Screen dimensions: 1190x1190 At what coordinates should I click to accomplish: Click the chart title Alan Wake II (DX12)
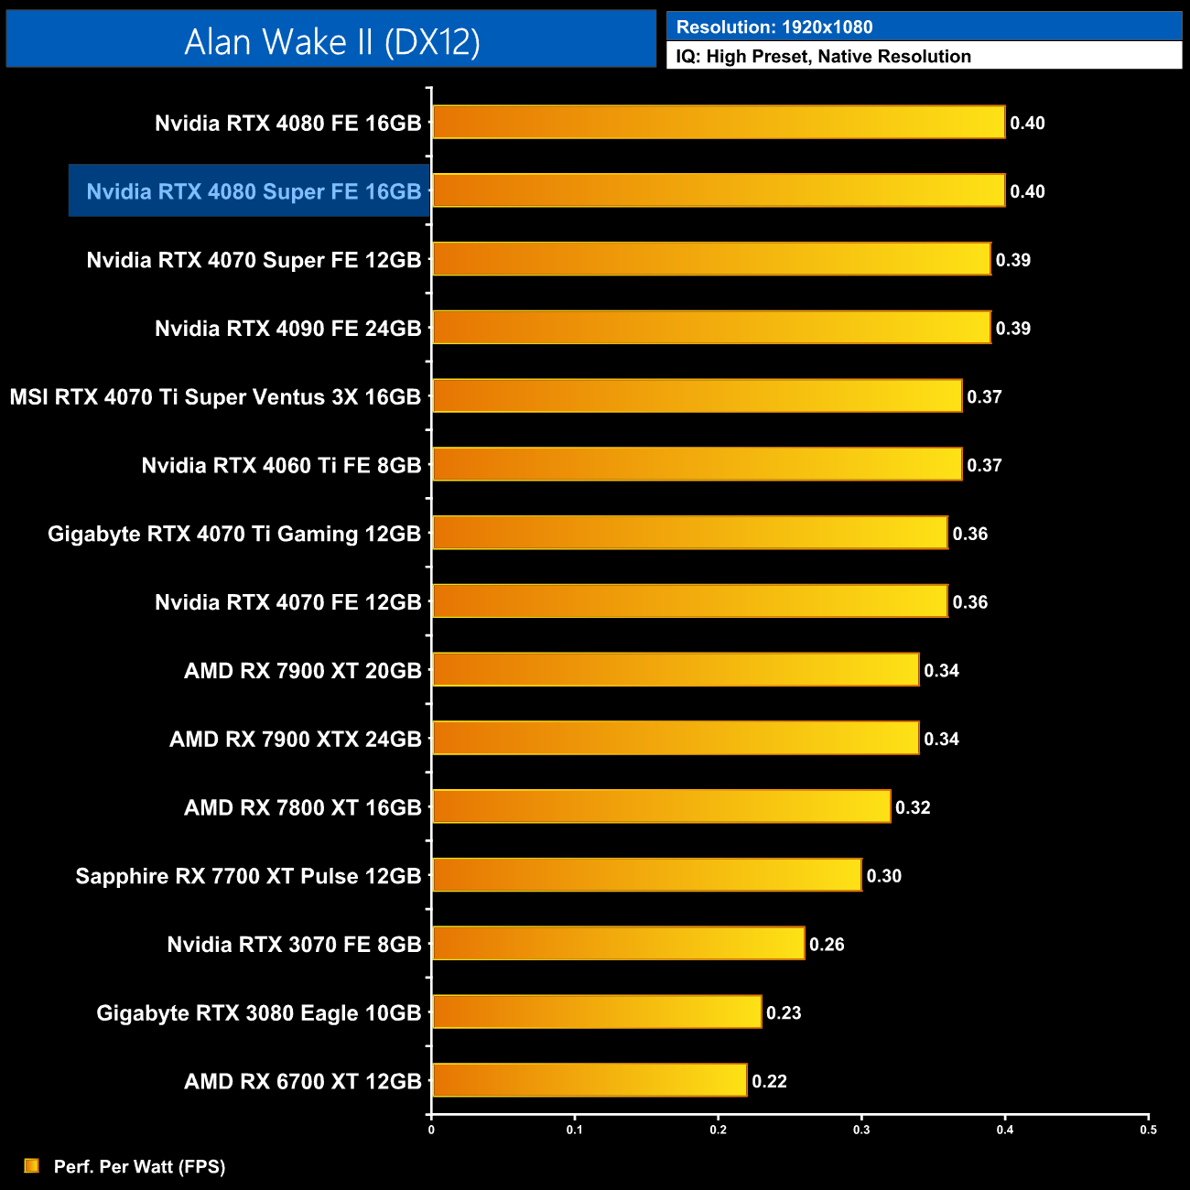click(x=331, y=41)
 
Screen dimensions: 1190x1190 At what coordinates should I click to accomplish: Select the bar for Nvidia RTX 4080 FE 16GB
click(x=719, y=122)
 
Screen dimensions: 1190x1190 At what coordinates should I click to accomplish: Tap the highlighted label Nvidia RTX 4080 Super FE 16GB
click(x=254, y=191)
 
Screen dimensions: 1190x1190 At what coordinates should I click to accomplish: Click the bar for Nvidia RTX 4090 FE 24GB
click(x=711, y=328)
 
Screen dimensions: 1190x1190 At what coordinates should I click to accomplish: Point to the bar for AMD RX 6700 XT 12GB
click(x=590, y=1080)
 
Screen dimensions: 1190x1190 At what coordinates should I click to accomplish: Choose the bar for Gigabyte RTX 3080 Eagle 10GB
click(x=597, y=1011)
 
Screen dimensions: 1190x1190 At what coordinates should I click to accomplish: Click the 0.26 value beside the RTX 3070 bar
click(x=827, y=944)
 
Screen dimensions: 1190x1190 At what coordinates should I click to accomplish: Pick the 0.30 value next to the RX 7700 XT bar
click(x=884, y=876)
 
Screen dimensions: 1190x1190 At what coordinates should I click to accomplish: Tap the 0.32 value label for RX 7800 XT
click(x=913, y=807)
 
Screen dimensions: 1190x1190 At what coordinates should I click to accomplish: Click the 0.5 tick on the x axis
click(x=1148, y=1130)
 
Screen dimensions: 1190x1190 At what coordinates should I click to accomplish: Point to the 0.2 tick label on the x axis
click(x=718, y=1130)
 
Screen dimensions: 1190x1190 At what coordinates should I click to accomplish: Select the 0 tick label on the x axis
click(x=431, y=1130)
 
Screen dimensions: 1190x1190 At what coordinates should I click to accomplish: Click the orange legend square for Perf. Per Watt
click(x=32, y=1165)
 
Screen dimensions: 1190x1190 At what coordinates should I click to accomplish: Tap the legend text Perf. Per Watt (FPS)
click(x=139, y=1166)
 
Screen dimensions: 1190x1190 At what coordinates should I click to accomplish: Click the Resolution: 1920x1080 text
click(x=774, y=27)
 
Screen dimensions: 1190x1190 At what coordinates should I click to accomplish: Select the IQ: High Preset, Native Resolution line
click(x=823, y=57)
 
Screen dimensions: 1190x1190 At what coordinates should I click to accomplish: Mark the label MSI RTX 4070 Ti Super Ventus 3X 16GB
click(x=215, y=397)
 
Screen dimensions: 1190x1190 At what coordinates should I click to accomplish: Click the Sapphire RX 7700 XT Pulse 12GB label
click(x=248, y=876)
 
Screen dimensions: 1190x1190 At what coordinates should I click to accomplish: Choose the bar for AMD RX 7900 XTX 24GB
click(x=676, y=738)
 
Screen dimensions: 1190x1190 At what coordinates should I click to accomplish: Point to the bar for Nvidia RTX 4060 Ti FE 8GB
click(x=697, y=464)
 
